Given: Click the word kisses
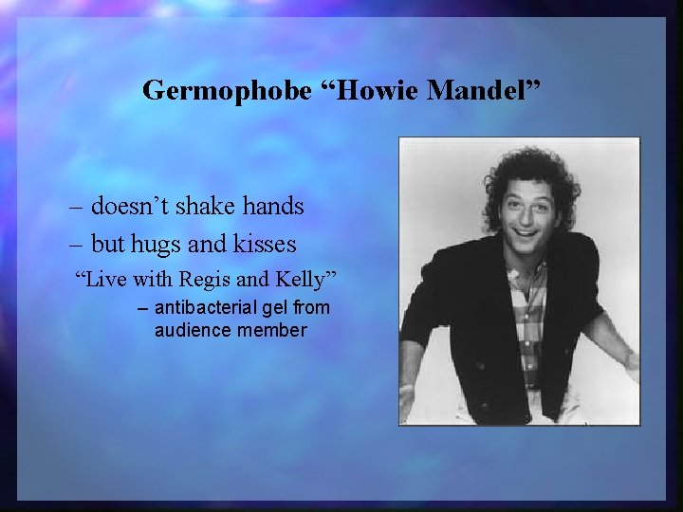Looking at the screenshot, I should click(x=263, y=245).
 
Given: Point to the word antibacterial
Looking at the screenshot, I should click(x=208, y=307).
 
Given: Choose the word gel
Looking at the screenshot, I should click(x=277, y=308).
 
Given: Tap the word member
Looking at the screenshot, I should click(x=273, y=330).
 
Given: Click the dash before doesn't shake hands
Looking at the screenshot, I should click(x=76, y=206).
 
